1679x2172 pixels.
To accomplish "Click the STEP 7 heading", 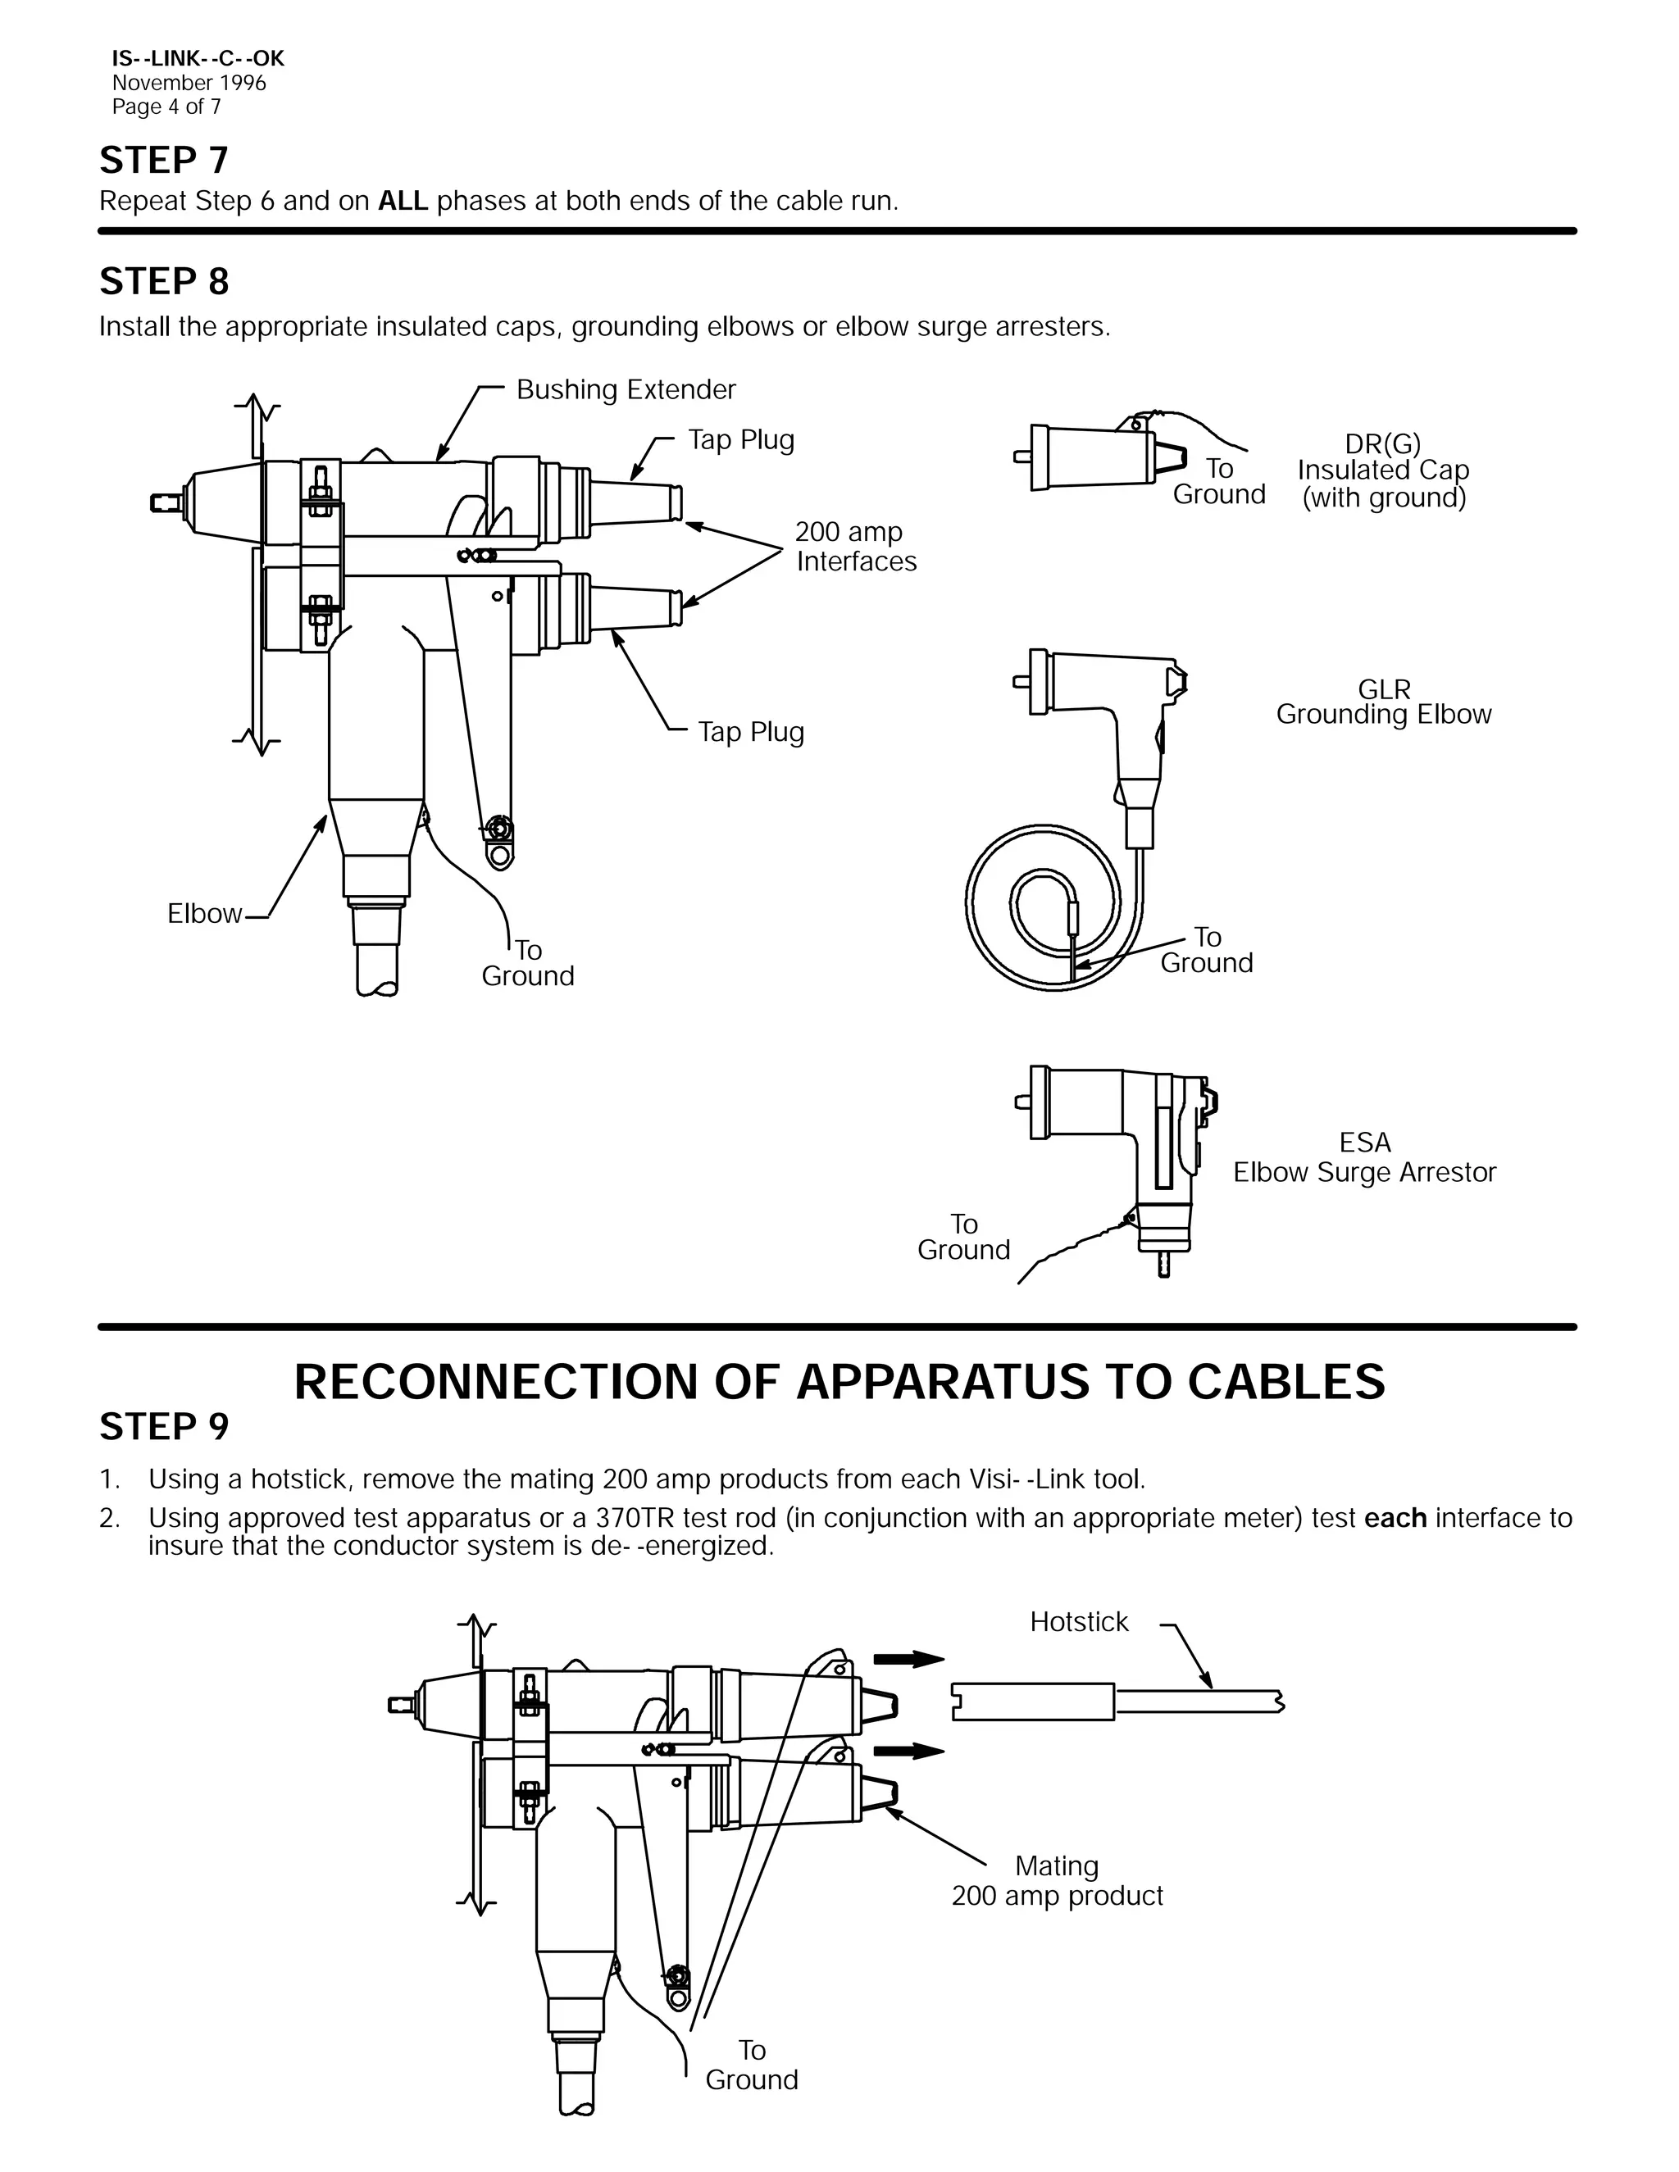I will [x=164, y=160].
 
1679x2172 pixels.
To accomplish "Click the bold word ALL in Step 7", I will [x=403, y=201].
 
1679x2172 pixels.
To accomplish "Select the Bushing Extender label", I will [x=626, y=390].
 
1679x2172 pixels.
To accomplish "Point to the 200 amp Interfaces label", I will [x=855, y=547].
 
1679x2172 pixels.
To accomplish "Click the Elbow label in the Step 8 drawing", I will [x=204, y=914].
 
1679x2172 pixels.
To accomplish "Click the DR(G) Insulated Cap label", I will [x=1382, y=470].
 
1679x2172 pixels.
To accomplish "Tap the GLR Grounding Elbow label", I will [x=1384, y=702].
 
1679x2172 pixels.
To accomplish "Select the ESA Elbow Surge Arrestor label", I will [x=1365, y=1157].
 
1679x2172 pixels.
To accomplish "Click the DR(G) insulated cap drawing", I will [x=1094, y=457].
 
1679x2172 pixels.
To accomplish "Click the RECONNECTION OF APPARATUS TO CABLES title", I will [x=839, y=1383].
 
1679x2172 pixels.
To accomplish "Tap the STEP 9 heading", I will [x=164, y=1426].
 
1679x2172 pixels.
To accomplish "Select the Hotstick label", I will [x=1078, y=1622].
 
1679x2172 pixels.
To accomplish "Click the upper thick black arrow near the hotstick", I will [x=908, y=1658].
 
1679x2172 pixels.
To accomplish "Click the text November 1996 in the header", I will [x=189, y=84].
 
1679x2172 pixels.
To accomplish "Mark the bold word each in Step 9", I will [x=1395, y=1519].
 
